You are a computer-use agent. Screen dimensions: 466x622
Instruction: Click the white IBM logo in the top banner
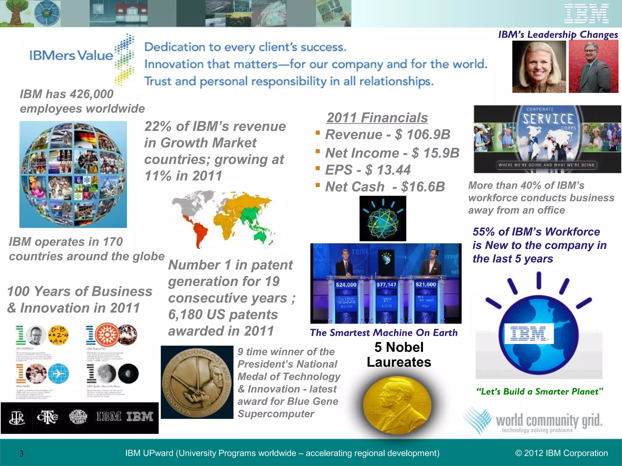click(586, 14)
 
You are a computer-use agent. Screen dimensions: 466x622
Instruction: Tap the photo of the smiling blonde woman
click(539, 67)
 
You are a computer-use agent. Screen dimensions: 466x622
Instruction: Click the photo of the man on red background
click(593, 67)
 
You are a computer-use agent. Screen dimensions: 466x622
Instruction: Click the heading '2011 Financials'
click(377, 118)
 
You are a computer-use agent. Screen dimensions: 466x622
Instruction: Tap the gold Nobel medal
click(397, 405)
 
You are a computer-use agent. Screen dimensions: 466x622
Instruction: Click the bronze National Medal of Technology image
click(197, 382)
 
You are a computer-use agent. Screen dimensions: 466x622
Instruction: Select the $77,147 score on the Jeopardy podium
click(386, 285)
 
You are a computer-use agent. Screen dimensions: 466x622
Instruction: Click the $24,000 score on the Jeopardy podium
click(346, 285)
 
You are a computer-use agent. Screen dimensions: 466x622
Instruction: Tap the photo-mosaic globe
click(73, 174)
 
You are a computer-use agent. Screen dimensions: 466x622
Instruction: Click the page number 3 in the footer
click(22, 454)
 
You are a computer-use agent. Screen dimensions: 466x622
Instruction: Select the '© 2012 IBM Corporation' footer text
click(562, 453)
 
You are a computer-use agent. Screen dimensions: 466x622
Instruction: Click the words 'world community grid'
click(549, 420)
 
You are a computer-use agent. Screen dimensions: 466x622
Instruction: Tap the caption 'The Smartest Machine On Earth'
click(384, 333)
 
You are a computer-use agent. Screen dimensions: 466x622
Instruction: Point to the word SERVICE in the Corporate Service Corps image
click(548, 119)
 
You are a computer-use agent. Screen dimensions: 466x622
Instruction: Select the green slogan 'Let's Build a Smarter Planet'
click(539, 392)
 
